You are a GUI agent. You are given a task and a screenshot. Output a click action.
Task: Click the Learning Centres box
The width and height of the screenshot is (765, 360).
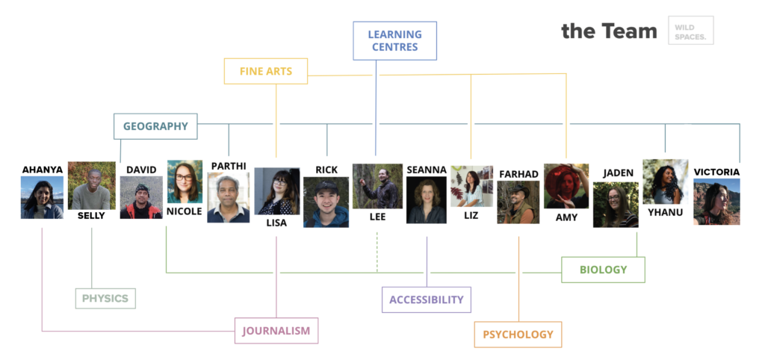[x=394, y=41]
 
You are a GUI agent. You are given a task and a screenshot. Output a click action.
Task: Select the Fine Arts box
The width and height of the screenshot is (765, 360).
[x=266, y=71]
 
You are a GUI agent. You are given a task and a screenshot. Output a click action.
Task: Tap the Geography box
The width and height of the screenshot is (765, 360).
[x=155, y=126]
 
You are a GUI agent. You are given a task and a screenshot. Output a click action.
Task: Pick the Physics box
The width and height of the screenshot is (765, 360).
[x=105, y=299]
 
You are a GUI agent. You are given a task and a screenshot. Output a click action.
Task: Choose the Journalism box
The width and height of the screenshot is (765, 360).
[x=276, y=331]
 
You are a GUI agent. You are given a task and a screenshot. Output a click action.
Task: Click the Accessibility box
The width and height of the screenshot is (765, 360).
[x=427, y=300]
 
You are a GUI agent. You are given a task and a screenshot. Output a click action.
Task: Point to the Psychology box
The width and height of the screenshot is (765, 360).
[x=518, y=335]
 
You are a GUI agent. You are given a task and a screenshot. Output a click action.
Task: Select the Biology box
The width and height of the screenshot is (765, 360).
[x=603, y=270]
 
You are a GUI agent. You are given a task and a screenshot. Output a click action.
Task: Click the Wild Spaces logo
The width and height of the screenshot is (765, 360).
[x=691, y=31]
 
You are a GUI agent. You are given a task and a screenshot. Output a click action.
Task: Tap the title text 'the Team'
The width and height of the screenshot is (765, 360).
[x=610, y=31]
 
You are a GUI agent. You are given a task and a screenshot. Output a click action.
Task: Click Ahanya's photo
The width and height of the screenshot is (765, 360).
[x=42, y=198]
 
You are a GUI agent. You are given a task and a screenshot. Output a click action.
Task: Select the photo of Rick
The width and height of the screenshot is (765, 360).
[x=326, y=202]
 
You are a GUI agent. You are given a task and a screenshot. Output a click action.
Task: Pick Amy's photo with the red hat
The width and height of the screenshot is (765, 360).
[x=566, y=186]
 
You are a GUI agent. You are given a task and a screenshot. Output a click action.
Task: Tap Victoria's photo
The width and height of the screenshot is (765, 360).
[x=716, y=202]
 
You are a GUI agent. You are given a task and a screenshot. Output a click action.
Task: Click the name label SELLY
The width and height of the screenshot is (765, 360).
[x=91, y=216]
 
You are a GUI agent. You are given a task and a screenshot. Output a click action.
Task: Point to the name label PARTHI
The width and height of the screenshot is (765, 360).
[x=228, y=166]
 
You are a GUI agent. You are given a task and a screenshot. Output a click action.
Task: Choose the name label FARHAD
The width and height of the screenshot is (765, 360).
[x=518, y=174]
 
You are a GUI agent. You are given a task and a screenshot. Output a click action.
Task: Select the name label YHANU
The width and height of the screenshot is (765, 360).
[x=666, y=212]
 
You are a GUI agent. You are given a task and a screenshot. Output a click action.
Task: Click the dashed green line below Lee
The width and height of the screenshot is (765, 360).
[x=377, y=252]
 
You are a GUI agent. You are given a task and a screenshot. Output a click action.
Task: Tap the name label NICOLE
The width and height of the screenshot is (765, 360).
[x=185, y=211]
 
